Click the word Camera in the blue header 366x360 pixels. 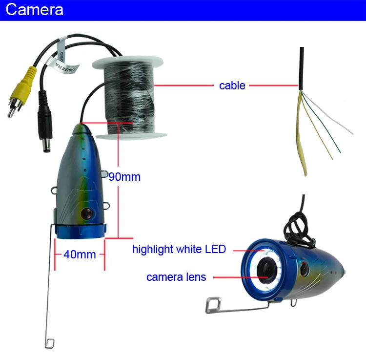coord(34,10)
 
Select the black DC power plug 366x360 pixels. coord(44,122)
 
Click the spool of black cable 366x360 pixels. coord(130,98)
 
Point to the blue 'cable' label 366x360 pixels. coord(232,85)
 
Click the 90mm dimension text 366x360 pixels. coord(124,177)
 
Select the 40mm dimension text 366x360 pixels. coord(80,254)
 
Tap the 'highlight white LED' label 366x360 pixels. coord(179,249)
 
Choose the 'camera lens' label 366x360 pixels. coord(176,277)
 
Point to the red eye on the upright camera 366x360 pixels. coord(87,213)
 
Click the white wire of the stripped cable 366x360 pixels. coord(327,113)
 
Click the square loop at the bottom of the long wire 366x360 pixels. coord(50,343)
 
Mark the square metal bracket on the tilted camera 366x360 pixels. coord(213,305)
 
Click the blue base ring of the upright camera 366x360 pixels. coord(81,232)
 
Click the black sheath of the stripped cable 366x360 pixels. coord(302,68)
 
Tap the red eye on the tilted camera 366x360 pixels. coord(305,269)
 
